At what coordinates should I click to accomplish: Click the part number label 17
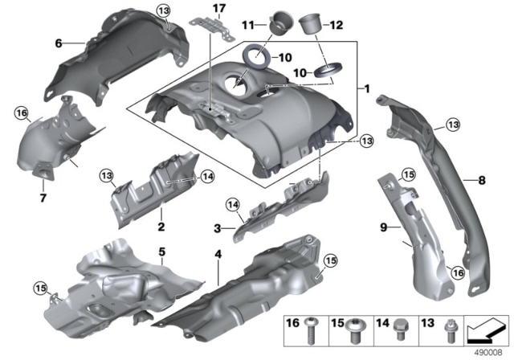[214, 9]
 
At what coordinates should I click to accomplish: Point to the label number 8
[481, 182]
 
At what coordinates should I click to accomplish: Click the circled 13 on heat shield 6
[164, 10]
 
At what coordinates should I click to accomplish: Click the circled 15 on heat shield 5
[39, 287]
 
